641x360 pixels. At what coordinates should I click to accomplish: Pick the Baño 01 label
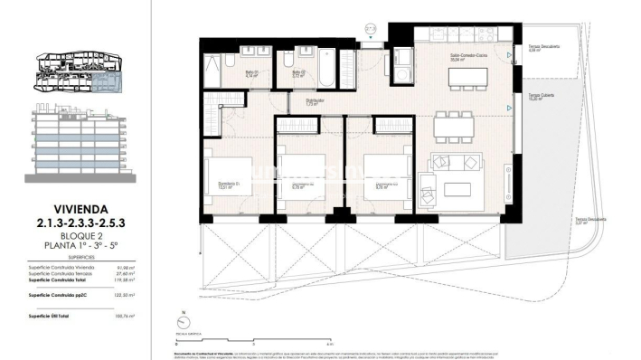[252, 74]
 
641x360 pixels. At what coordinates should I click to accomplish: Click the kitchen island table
[457, 77]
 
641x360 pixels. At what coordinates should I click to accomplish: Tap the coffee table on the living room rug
[459, 190]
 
